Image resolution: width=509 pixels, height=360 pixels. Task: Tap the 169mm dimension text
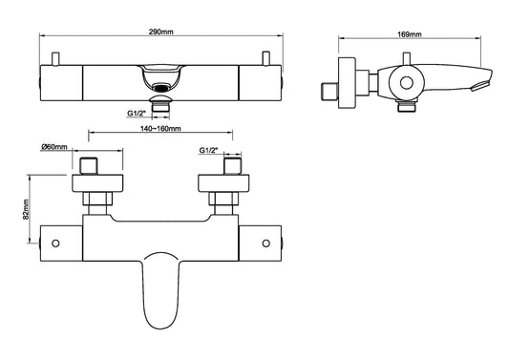click(410, 34)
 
